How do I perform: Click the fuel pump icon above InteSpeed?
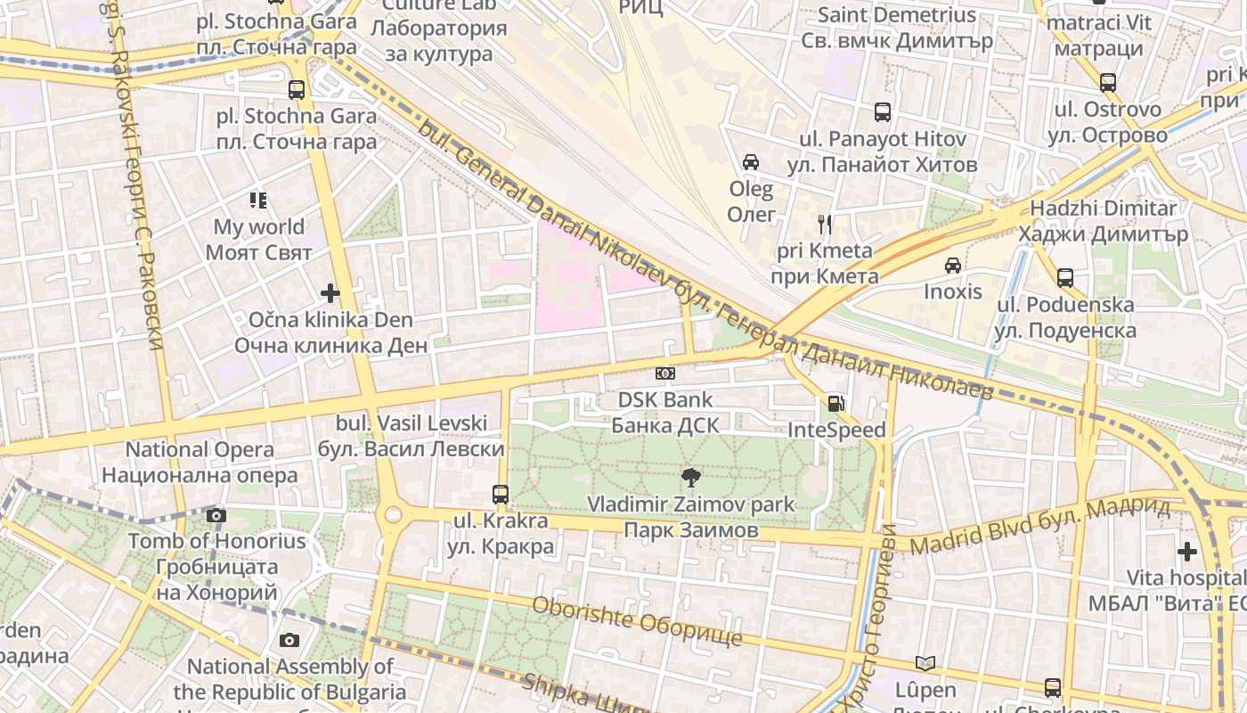tap(835, 404)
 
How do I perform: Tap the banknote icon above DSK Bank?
tap(665, 373)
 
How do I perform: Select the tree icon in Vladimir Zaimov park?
tap(689, 477)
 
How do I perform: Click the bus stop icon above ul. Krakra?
tap(501, 494)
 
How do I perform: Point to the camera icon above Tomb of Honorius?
tap(216, 515)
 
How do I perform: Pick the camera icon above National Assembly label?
tap(289, 640)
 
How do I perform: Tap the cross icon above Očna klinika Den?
tap(330, 292)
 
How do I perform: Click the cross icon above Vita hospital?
tap(1186, 552)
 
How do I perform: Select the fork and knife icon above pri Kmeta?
tap(825, 224)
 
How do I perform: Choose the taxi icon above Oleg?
tap(751, 162)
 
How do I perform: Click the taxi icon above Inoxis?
tap(952, 266)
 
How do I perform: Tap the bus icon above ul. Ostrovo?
tap(1107, 83)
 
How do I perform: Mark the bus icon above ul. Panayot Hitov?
tap(882, 112)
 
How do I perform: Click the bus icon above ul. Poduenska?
tap(1064, 277)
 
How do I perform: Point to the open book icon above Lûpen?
tap(925, 663)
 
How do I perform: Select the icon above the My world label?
tap(258, 201)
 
